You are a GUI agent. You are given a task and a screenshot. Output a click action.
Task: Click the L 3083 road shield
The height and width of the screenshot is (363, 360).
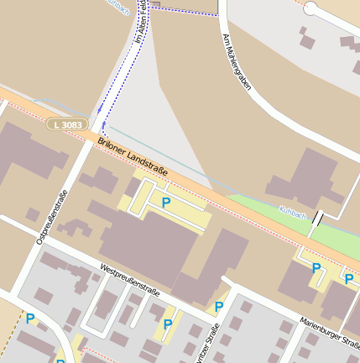tap(66, 124)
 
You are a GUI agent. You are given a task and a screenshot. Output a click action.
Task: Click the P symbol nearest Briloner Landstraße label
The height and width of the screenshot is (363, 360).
tap(166, 203)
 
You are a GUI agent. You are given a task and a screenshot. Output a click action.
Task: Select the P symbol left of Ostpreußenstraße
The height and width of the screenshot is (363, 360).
tap(30, 318)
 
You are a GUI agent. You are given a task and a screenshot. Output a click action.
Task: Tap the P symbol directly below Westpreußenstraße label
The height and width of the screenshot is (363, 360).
tap(168, 324)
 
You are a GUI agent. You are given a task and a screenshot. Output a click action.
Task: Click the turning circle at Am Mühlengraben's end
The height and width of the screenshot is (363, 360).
tap(310, 8)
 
